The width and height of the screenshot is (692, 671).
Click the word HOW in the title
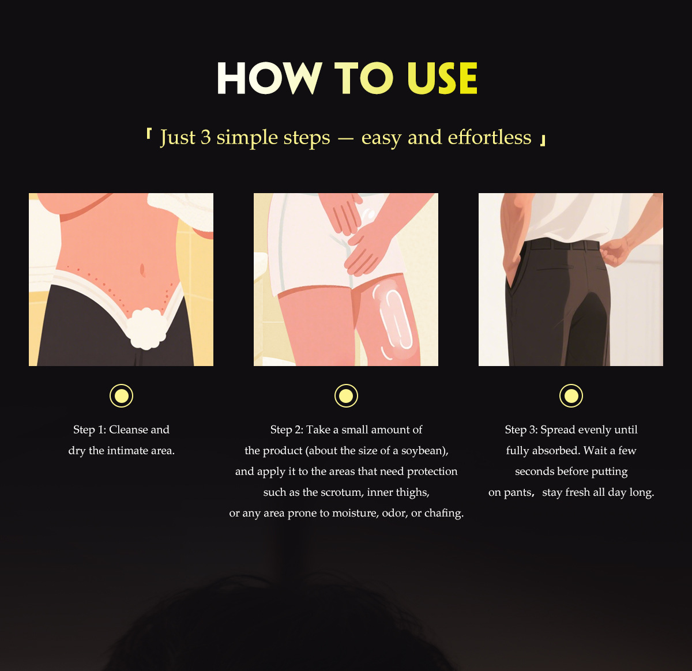pos(269,78)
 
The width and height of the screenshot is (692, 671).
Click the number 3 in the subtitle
pos(205,137)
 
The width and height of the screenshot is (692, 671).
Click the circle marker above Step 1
pos(121,395)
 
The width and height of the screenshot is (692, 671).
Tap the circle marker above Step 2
pos(346,395)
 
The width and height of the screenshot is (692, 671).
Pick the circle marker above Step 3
pos(571,395)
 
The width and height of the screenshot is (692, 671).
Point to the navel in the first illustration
pos(142,270)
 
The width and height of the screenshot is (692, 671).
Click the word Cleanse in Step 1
pos(129,429)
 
